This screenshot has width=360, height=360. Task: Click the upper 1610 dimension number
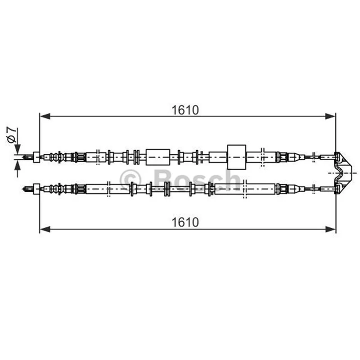[185, 110]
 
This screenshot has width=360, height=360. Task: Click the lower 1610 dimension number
[185, 222]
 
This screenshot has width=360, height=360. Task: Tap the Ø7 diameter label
[12, 135]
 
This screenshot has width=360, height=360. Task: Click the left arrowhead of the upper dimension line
[45, 117]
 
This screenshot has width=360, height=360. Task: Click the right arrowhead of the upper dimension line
[330, 117]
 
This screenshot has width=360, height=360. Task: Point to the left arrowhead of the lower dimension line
[45, 229]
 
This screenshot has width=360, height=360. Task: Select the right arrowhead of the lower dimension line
[331, 229]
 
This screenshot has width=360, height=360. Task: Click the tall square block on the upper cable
[237, 157]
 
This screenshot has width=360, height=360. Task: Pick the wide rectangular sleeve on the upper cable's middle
[158, 157]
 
